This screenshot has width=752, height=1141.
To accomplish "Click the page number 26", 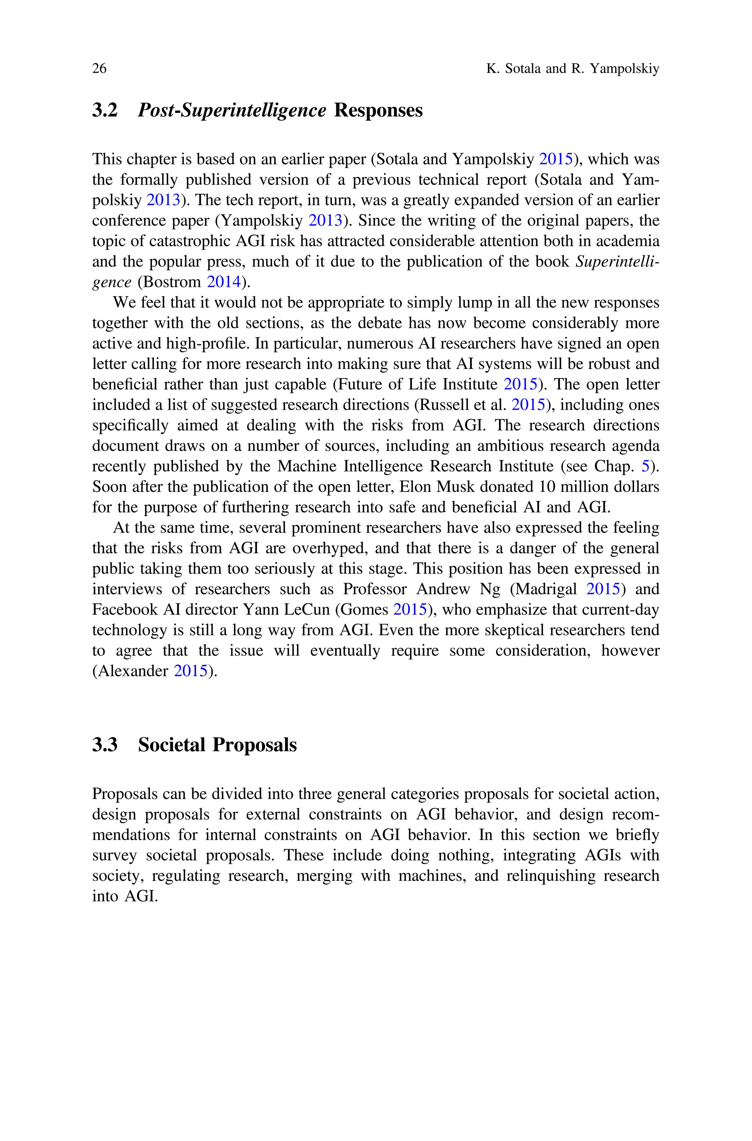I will (99, 69).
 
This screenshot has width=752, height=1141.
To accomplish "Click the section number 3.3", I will (105, 744).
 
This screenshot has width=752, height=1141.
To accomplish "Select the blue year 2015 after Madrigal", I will (603, 589).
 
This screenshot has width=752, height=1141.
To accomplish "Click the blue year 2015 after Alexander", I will (191, 671).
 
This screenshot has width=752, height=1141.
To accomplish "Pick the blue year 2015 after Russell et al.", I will (528, 405).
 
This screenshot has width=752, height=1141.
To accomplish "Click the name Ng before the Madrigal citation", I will (490, 589).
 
